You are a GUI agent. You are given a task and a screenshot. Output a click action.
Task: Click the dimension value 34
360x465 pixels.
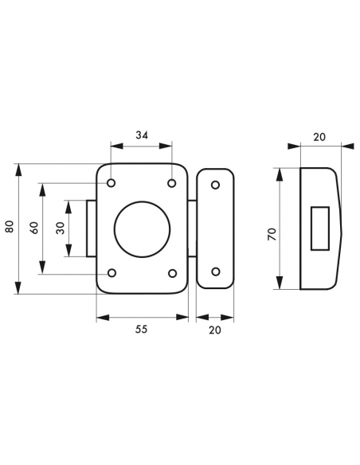click(x=142, y=135)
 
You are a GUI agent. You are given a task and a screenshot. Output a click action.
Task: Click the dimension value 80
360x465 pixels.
click(x=10, y=227)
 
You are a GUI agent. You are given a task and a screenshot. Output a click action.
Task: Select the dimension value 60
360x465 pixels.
click(x=35, y=228)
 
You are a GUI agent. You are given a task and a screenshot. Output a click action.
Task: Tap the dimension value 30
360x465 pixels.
click(x=61, y=228)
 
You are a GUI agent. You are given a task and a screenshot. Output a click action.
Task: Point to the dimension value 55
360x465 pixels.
click(x=141, y=329)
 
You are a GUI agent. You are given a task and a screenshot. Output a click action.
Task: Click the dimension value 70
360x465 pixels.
click(x=272, y=234)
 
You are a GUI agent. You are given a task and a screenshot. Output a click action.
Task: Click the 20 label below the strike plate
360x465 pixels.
click(x=215, y=330)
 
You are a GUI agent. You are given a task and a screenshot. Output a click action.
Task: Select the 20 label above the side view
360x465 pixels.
click(x=319, y=137)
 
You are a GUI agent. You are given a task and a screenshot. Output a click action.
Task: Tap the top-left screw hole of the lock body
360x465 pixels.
click(x=112, y=183)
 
